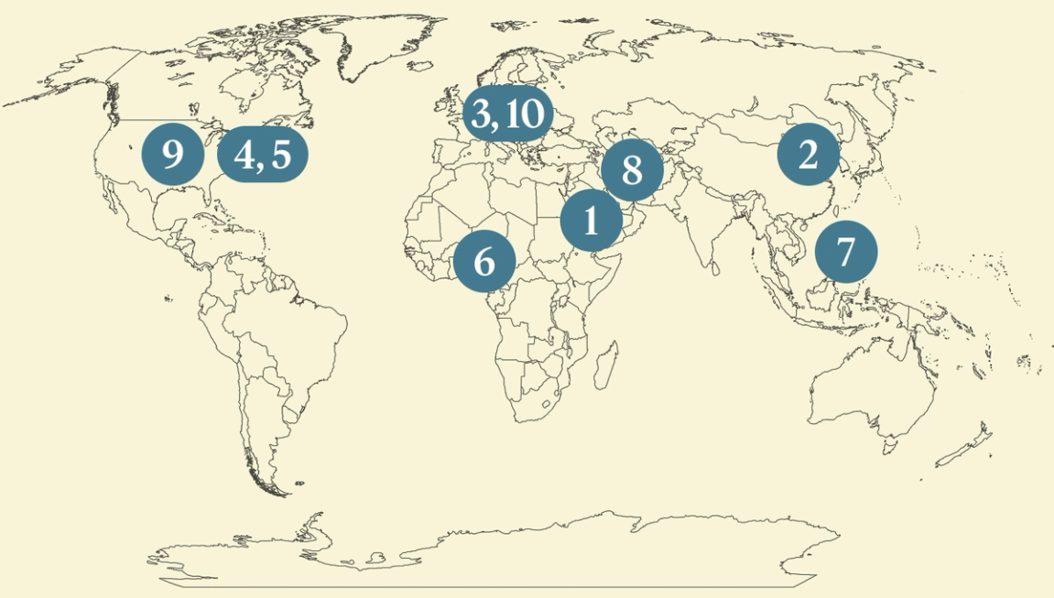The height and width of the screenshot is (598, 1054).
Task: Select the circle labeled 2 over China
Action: pos(808,156)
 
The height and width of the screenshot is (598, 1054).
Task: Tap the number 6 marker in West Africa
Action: pos(484,262)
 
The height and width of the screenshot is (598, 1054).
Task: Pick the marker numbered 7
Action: pos(845,251)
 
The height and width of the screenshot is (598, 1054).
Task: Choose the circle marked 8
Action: pos(631,170)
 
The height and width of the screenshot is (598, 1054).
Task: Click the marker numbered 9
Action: pos(172,156)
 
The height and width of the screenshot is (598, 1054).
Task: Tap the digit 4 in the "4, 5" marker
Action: pos(244,156)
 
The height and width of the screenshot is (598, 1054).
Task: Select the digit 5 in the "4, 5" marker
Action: pos(280,156)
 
